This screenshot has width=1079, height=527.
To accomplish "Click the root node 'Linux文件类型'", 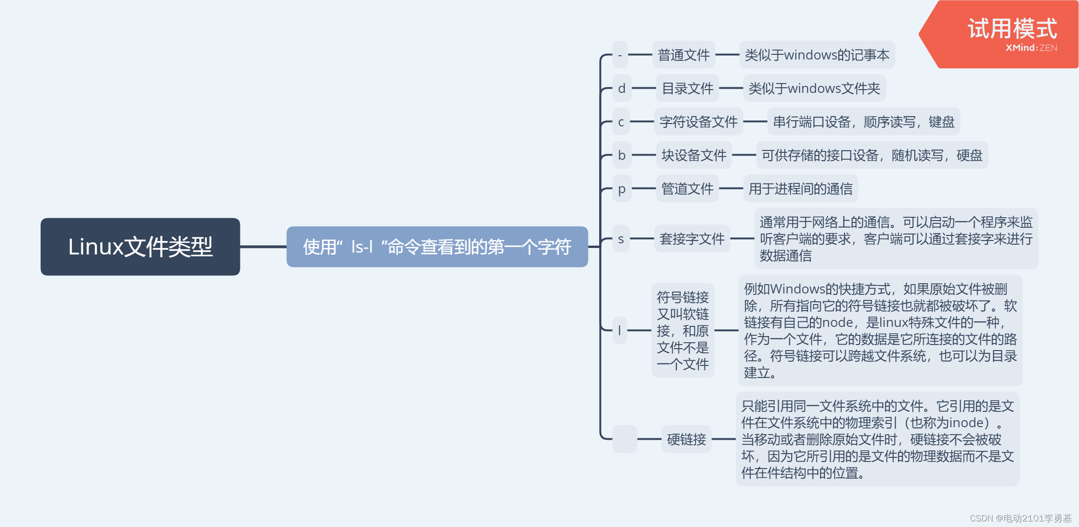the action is pos(140,247).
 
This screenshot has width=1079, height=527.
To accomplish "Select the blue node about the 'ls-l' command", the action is pos(437,247).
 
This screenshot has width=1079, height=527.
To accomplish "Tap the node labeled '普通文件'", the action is pos(684,55).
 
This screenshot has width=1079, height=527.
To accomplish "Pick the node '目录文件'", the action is pos(687,88).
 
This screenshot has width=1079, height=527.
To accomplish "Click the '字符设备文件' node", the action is pos(698,122).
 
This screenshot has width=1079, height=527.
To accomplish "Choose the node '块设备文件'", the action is pos(693,155).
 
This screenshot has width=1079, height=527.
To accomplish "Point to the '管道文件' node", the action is pos(687,189).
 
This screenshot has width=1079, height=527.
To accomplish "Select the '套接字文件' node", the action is pos(691,239).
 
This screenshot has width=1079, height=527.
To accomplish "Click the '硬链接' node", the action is pos(686,439).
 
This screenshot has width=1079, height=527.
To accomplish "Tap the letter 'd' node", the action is pos(622,88).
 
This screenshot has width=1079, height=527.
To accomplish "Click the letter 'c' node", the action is pos(621,122).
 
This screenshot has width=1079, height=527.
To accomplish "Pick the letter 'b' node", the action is pos(622,155).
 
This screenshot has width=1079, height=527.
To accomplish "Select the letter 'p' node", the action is pos(622,189).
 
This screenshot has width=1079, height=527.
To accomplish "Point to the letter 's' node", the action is pos(621,239).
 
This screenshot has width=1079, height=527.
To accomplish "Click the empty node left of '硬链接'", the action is pos(625,439).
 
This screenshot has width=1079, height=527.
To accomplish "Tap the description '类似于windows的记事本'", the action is pos(817,55).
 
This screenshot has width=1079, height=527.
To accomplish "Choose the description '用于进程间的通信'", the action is pos(800,189).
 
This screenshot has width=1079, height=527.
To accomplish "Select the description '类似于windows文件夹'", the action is pos(814,88).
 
